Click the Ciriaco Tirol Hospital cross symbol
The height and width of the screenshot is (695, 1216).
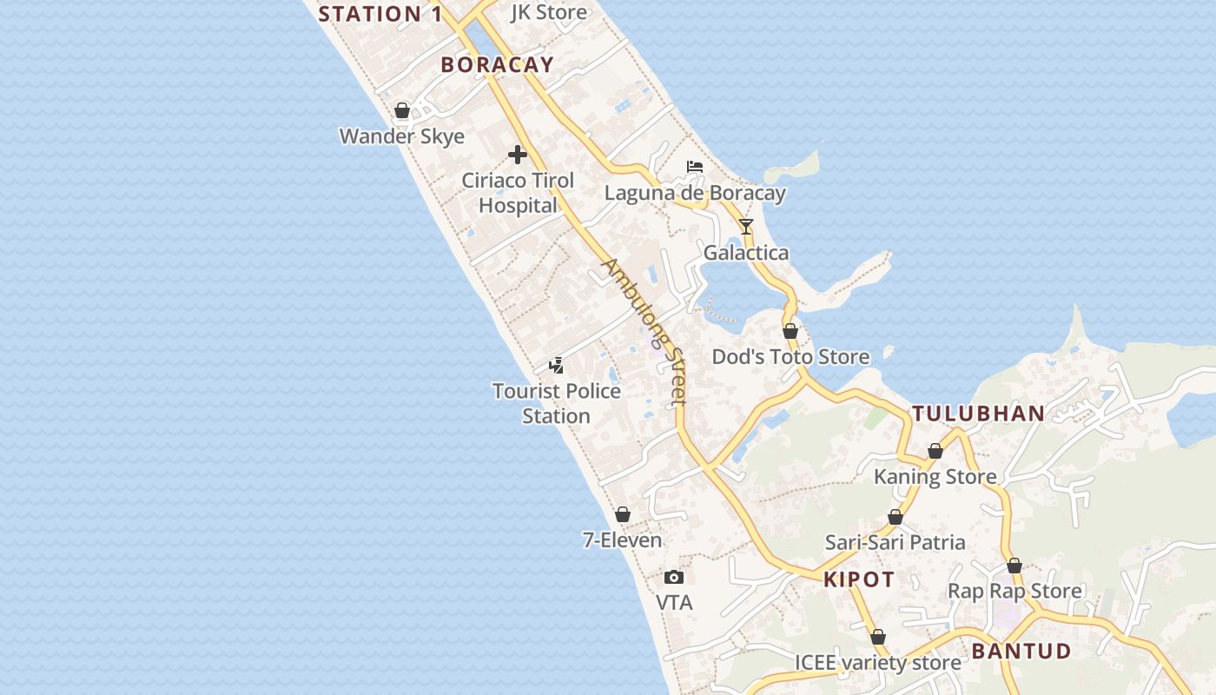click(x=518, y=156)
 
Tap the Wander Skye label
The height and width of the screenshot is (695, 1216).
click(x=401, y=136)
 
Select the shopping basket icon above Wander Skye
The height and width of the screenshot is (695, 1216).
click(x=402, y=111)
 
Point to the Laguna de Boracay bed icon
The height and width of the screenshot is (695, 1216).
click(x=694, y=167)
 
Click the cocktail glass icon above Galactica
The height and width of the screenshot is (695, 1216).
click(x=746, y=227)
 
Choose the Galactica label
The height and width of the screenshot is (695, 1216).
click(x=746, y=253)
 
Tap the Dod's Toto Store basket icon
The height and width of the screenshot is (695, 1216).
click(x=790, y=331)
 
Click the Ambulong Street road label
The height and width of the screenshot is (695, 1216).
click(x=645, y=331)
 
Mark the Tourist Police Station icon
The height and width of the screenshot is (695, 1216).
click(x=557, y=366)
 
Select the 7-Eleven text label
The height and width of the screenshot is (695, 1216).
click(x=622, y=540)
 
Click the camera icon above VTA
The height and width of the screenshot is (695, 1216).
click(x=673, y=577)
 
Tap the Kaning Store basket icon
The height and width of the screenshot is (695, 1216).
click(x=935, y=451)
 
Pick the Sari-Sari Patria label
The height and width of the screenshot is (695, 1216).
click(x=895, y=542)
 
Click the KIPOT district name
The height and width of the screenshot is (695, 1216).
click(x=859, y=580)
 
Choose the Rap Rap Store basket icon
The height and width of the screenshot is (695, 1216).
click(x=1014, y=566)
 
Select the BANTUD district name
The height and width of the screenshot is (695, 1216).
click(x=1021, y=651)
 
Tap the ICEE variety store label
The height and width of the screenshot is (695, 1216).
click(x=878, y=663)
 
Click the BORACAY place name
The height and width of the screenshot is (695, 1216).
click(x=497, y=64)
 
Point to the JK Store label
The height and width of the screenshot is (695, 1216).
click(x=549, y=12)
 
